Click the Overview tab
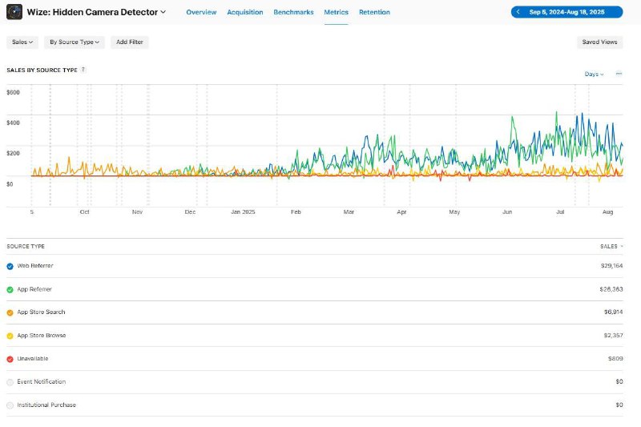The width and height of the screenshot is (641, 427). pos(201,12)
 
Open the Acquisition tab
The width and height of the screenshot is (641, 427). pos(245,12)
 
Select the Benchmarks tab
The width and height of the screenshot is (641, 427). pos(293,12)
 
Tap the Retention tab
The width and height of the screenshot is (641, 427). pos(374,12)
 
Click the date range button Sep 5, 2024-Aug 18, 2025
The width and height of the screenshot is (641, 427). pos(566,12)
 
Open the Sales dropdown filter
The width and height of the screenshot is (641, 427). pos(22,42)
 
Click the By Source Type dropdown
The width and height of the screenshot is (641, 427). pos(75,42)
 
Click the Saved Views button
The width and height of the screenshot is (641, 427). pos(599,42)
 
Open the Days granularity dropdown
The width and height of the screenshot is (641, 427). pos(594,74)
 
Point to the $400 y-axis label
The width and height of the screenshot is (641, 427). pos(13,123)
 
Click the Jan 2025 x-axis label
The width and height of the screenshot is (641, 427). pos(243,211)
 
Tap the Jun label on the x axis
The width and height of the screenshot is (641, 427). pos(507,211)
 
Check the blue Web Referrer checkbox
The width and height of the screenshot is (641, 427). pos(10,267)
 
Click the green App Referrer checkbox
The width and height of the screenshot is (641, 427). pos(10,290)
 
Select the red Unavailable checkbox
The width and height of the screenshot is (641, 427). pos(10,359)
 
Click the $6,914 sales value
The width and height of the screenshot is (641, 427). pos(613,312)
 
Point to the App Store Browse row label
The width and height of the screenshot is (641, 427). pos(42,336)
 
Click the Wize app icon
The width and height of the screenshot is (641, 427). pos(14,12)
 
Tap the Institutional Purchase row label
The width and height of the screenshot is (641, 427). pos(46,405)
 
